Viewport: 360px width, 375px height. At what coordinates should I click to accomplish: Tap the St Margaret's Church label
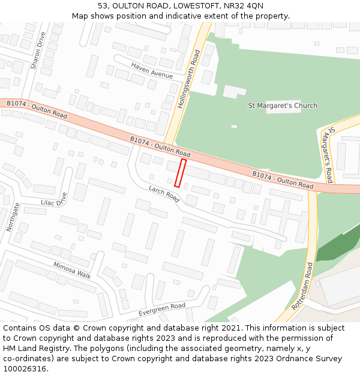283,106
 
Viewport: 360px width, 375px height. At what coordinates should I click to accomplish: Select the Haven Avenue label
152,70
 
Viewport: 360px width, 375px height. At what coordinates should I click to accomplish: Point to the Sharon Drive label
38,50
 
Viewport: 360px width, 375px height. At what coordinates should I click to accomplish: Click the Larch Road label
164,194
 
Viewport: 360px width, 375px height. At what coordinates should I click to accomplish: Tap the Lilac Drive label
54,203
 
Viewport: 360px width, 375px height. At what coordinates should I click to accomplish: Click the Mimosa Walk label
72,271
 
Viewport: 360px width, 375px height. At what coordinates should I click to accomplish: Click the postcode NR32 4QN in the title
246,5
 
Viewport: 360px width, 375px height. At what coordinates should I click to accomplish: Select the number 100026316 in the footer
24,369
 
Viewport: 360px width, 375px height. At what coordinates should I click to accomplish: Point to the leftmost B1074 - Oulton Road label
37,109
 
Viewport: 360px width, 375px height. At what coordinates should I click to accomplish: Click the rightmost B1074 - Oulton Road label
282,180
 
